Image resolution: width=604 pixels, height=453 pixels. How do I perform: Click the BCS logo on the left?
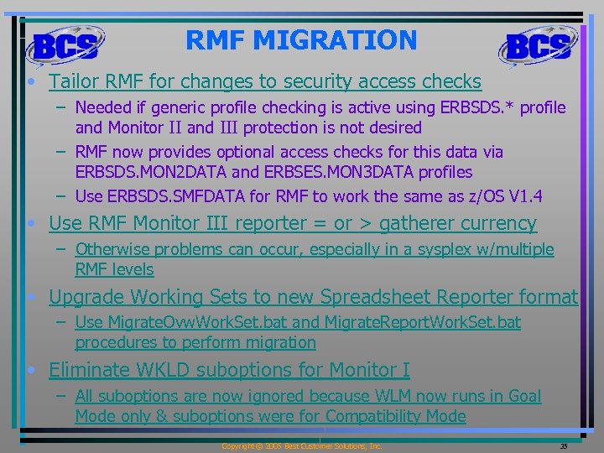[x=65, y=45]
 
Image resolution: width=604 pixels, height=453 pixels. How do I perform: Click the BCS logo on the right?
[x=538, y=45]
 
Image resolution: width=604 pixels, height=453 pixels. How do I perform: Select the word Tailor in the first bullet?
[x=72, y=81]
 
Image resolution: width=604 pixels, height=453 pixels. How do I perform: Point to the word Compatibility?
[x=374, y=416]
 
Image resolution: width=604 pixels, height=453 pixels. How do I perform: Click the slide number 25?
[x=564, y=446]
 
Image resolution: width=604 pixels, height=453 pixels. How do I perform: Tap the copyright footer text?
[x=301, y=446]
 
